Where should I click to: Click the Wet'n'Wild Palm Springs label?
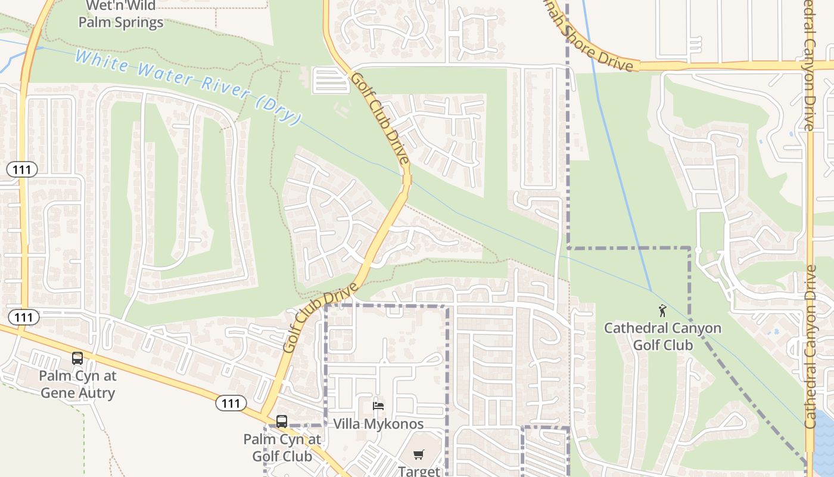coord(121,15)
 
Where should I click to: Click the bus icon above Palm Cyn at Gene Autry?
coord(77,358)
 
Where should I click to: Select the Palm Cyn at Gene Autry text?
coord(78,385)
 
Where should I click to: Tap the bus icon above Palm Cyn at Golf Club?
coord(282,422)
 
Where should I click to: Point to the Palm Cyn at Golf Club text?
coord(282,448)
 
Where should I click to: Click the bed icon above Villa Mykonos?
coord(378,406)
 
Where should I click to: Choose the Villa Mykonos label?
coord(378,424)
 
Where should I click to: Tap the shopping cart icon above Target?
coord(419,455)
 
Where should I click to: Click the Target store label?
coord(419,471)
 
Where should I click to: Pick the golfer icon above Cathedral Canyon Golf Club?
coord(662,310)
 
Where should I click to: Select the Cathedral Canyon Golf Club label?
coord(662,336)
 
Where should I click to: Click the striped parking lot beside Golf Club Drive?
coord(331,80)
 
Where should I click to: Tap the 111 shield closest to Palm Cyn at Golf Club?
coord(231,404)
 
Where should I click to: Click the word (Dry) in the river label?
coord(278,111)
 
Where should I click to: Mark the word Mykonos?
coord(395,424)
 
